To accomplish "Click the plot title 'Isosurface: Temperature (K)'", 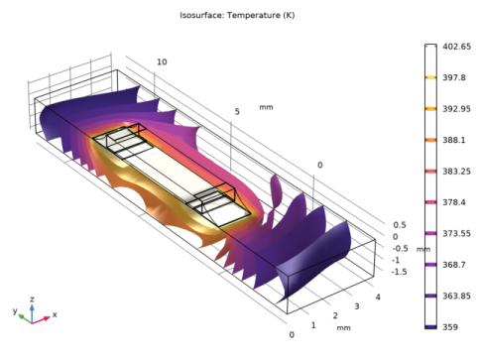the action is point(237,16).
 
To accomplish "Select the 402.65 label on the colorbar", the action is point(457,47).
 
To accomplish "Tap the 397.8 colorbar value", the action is point(454,77).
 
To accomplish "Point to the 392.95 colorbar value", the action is point(457,109).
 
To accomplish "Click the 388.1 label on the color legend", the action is point(454,140).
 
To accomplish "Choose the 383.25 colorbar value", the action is point(457,172).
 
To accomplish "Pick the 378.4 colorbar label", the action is point(454,202).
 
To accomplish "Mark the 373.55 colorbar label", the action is point(457,233).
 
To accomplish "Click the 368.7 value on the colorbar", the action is point(454,265).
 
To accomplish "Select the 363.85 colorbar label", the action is point(457,296).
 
